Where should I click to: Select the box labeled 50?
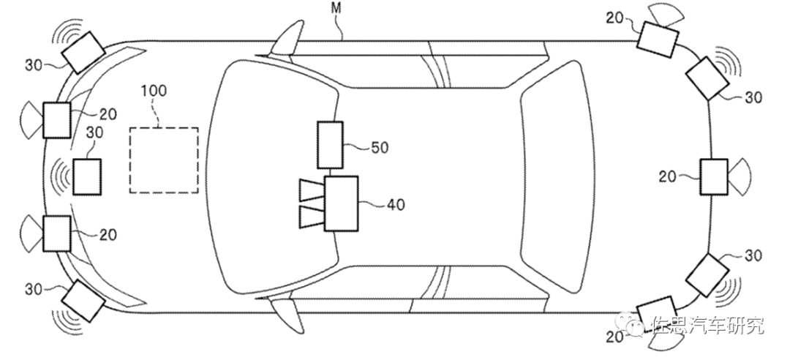click(x=330, y=145)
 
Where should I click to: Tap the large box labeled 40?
click(x=341, y=203)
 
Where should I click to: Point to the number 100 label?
click(x=154, y=91)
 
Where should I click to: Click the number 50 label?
click(x=380, y=148)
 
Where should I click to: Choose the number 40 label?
click(x=396, y=205)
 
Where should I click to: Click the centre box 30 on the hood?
click(x=87, y=176)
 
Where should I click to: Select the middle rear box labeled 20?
click(x=714, y=176)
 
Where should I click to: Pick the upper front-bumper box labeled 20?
click(x=56, y=120)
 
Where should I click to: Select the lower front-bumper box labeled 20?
click(x=56, y=233)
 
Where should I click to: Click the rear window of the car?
click(x=557, y=176)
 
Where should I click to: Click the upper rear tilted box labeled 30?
click(x=707, y=78)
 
